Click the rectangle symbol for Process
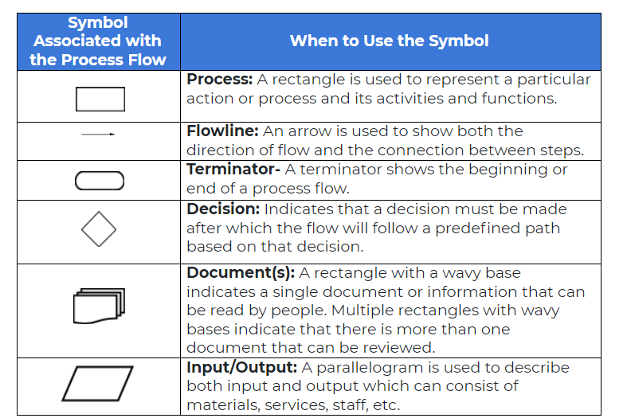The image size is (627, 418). point(100,98)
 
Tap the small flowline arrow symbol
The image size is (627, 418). point(98,135)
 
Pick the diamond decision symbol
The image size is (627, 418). point(99,230)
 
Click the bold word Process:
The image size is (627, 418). point(220,80)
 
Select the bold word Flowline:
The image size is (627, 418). point(223,131)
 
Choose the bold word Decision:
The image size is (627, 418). point(223,209)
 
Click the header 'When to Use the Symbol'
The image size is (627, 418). point(389,41)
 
